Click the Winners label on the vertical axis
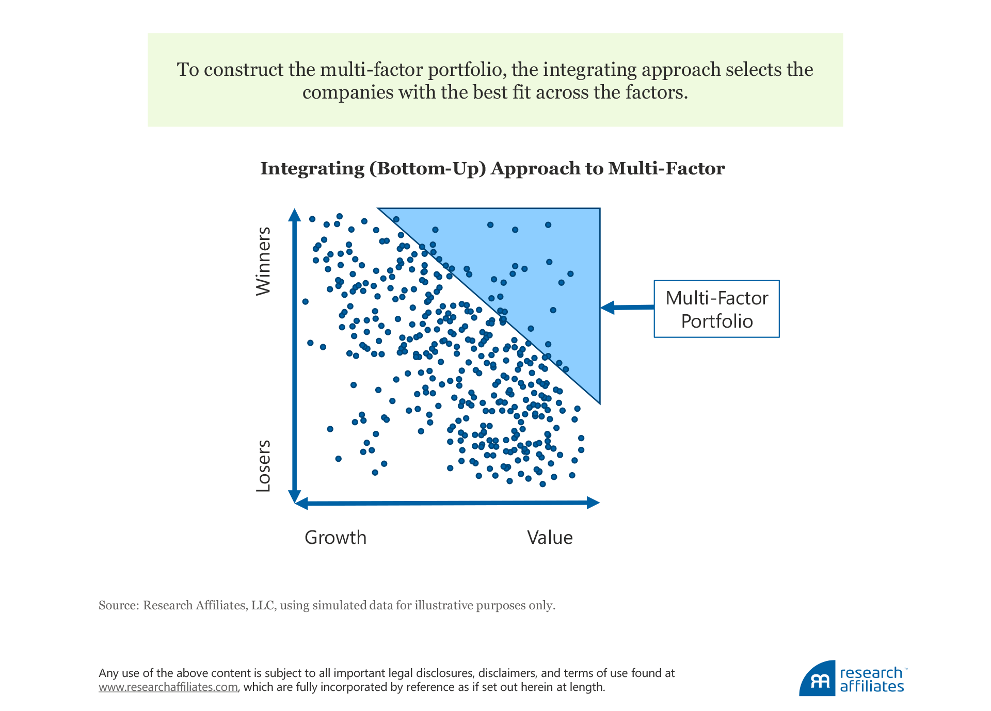[263, 261]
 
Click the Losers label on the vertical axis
[263, 465]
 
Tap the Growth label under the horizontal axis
[335, 538]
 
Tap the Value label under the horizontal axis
[550, 538]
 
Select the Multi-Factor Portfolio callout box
[716, 309]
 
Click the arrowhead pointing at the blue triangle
[608, 308]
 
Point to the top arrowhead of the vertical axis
[294, 215]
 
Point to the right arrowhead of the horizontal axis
[594, 503]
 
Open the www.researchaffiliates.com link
[168, 687]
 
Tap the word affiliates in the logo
[872, 687]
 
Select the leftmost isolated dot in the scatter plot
[305, 301]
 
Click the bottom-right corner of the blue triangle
[599, 402]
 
